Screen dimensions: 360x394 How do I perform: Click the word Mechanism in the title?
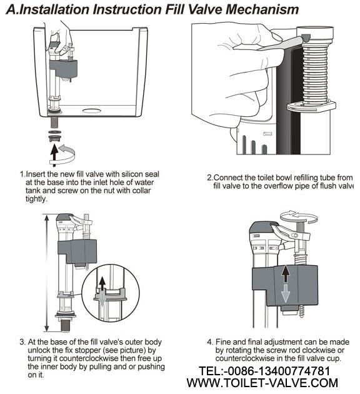[x=262, y=9]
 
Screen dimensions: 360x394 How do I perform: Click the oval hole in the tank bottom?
[x=91, y=111]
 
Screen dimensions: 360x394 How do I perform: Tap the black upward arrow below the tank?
[x=54, y=155]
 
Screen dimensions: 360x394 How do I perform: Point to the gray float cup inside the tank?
[x=63, y=68]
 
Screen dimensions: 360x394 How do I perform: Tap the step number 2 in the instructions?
[x=209, y=178]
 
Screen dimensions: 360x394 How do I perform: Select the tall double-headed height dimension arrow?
[x=46, y=273]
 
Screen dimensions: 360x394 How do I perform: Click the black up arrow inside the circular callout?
[x=102, y=284]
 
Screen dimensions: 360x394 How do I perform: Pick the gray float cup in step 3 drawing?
[x=77, y=251]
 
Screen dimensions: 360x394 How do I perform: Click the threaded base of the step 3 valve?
[x=66, y=325]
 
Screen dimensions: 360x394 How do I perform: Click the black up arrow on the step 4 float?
[x=285, y=274]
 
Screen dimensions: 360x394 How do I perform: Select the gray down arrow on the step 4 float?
[x=285, y=293]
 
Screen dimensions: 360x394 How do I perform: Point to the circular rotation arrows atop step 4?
[x=299, y=216]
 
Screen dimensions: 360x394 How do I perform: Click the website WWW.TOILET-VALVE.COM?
[x=262, y=383]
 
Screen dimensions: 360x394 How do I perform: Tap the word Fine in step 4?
[x=222, y=342]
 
